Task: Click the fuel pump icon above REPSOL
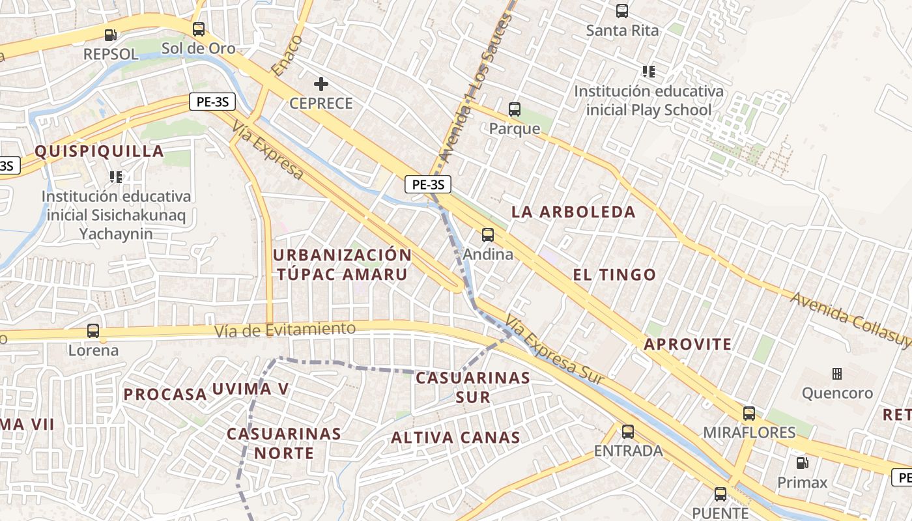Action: [x=111, y=35]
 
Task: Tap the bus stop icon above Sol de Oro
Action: [x=199, y=29]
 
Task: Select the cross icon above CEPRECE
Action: [x=321, y=84]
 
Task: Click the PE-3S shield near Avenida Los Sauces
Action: [x=428, y=184]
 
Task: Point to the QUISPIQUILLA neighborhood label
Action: [x=99, y=151]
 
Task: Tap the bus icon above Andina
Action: [x=488, y=235]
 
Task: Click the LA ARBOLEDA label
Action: [x=573, y=212]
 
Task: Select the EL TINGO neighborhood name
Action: [x=614, y=274]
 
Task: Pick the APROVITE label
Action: [x=688, y=345]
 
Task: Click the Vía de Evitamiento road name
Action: [x=285, y=330]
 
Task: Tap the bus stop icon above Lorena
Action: [x=93, y=331]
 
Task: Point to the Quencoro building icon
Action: [x=837, y=374]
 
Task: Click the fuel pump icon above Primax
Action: [x=803, y=463]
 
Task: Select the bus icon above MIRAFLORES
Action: [x=749, y=413]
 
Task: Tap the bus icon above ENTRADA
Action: [x=628, y=431]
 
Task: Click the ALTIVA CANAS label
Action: [x=456, y=438]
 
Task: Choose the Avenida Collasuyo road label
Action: [x=850, y=319]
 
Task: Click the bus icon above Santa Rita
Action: [x=622, y=11]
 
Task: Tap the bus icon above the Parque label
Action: [x=515, y=109]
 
